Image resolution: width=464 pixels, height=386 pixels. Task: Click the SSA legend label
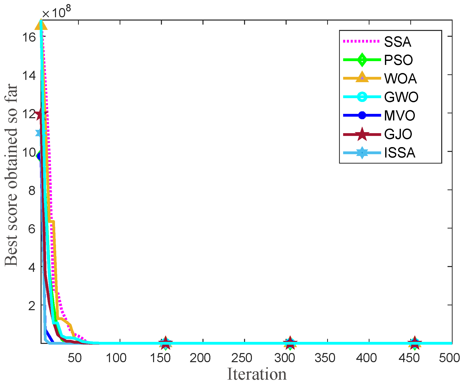point(397,42)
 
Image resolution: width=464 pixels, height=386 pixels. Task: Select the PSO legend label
point(398,60)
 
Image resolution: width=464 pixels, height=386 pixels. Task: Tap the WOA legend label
point(400,79)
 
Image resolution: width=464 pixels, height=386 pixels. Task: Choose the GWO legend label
point(401,97)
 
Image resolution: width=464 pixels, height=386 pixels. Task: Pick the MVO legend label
point(399,116)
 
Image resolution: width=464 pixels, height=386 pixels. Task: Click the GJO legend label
point(398,134)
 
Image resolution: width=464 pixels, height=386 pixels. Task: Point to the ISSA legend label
point(399,153)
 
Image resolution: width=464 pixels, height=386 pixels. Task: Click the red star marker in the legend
point(362,134)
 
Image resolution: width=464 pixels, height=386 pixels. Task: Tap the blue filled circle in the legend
point(362,115)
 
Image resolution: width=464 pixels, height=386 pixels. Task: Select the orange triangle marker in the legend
point(362,78)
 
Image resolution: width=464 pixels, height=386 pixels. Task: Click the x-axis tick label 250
point(242,358)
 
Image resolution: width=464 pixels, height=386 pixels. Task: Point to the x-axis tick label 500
point(449,358)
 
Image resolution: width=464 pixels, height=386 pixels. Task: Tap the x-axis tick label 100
point(116,358)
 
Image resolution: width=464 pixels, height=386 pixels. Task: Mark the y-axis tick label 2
point(32,306)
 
